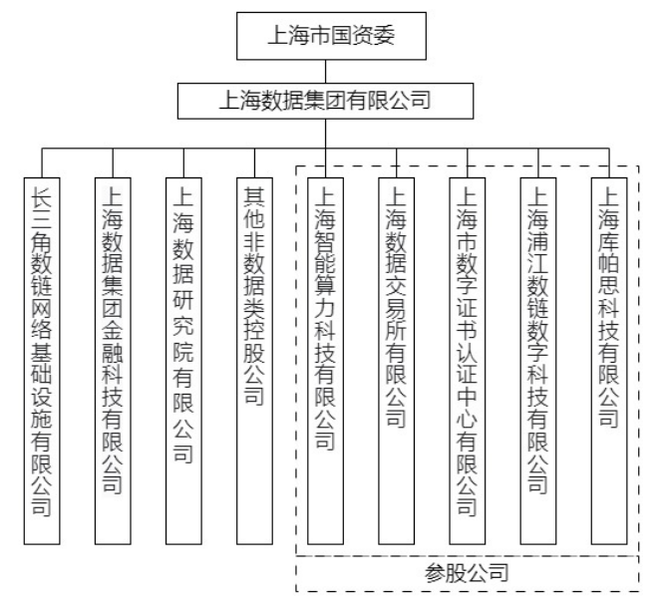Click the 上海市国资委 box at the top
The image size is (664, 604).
[x=331, y=36]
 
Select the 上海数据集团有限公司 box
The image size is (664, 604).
[x=325, y=101]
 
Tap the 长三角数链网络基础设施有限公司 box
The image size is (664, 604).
[x=42, y=361]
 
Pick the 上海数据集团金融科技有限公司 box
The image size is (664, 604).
[x=113, y=361]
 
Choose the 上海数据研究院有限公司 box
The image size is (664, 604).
[x=183, y=361]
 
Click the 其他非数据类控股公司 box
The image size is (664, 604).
[x=254, y=361]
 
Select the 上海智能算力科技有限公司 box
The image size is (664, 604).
[x=325, y=361]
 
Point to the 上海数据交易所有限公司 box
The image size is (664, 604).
[x=396, y=361]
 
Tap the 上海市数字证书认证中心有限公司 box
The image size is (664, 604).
[x=467, y=361]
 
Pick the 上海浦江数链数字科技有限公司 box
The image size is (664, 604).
[x=537, y=361]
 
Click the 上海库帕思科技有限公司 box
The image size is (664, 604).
[x=609, y=361]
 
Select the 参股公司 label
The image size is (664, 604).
[x=467, y=573]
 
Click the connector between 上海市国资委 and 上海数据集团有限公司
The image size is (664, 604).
[x=325, y=72]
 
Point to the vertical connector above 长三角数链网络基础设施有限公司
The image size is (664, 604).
[x=42, y=162]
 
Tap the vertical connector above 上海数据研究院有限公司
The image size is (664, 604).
[x=183, y=162]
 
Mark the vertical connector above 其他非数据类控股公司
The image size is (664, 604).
[x=254, y=162]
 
